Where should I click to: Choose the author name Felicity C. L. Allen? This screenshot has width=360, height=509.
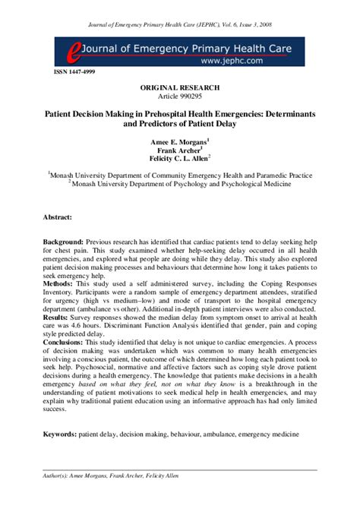click(x=179, y=160)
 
